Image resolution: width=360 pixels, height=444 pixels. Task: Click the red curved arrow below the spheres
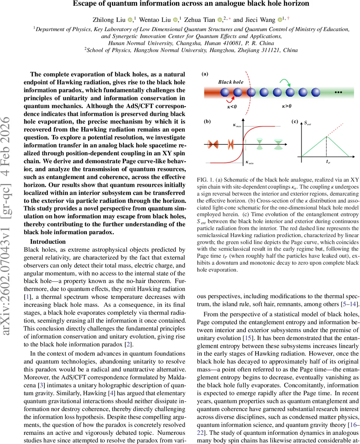pyautogui.click(x=232, y=99)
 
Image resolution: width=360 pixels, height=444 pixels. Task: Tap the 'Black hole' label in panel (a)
pyautogui.click(x=231, y=82)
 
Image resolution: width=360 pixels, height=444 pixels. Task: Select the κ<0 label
pyautogui.click(x=232, y=107)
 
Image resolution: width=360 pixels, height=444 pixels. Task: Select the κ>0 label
pyautogui.click(x=286, y=106)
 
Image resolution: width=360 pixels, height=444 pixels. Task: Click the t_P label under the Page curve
pyautogui.click(x=328, y=162)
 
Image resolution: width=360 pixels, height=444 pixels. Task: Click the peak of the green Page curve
pyautogui.click(x=326, y=137)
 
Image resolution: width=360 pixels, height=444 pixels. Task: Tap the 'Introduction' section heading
pyautogui.click(x=48, y=242)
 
